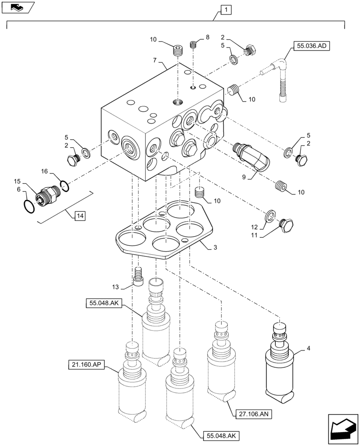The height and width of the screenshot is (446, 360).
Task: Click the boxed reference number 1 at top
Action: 226,9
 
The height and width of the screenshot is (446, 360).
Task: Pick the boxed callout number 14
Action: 79,216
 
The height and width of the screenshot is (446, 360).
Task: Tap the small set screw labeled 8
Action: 193,45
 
